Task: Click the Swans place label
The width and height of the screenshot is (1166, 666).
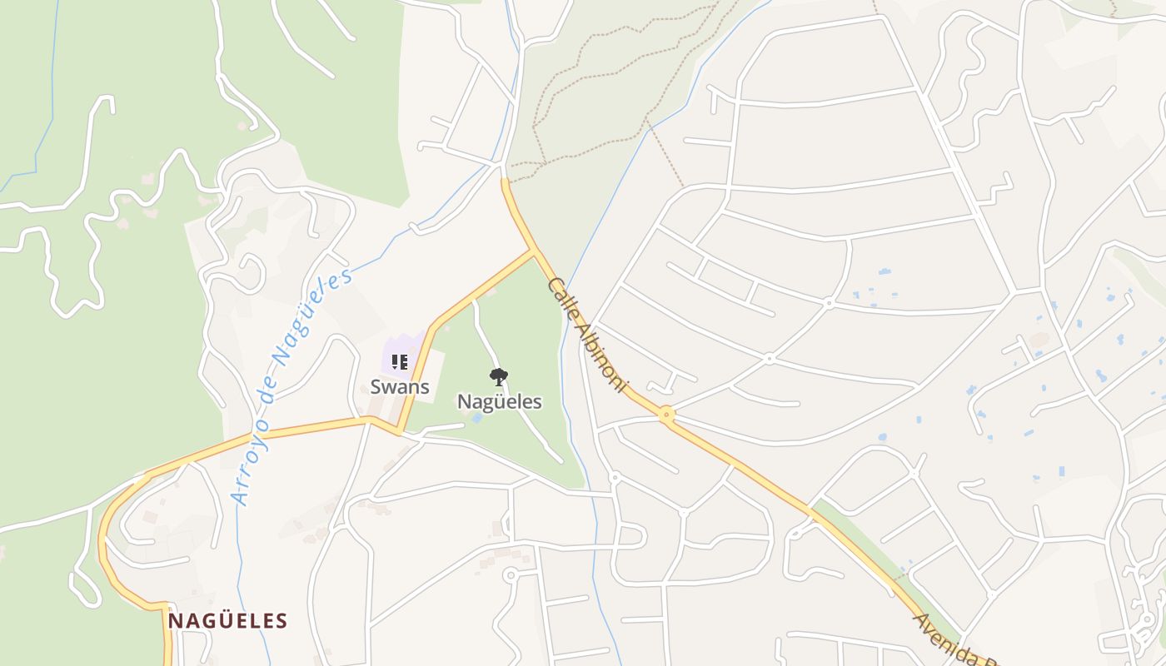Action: click(400, 387)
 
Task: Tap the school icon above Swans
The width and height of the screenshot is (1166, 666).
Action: click(400, 362)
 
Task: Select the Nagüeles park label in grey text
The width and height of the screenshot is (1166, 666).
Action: click(499, 402)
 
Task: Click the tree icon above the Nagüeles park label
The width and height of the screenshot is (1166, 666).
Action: click(499, 378)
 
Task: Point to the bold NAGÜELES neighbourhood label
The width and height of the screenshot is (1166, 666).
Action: click(227, 621)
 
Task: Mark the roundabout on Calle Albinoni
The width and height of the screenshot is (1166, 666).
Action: click(666, 414)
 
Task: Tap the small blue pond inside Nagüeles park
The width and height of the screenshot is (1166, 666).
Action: click(476, 418)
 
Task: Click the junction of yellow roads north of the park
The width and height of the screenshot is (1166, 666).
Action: click(534, 249)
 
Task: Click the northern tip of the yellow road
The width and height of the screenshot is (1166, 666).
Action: click(505, 181)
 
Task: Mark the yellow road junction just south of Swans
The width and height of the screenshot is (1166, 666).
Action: click(399, 431)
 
